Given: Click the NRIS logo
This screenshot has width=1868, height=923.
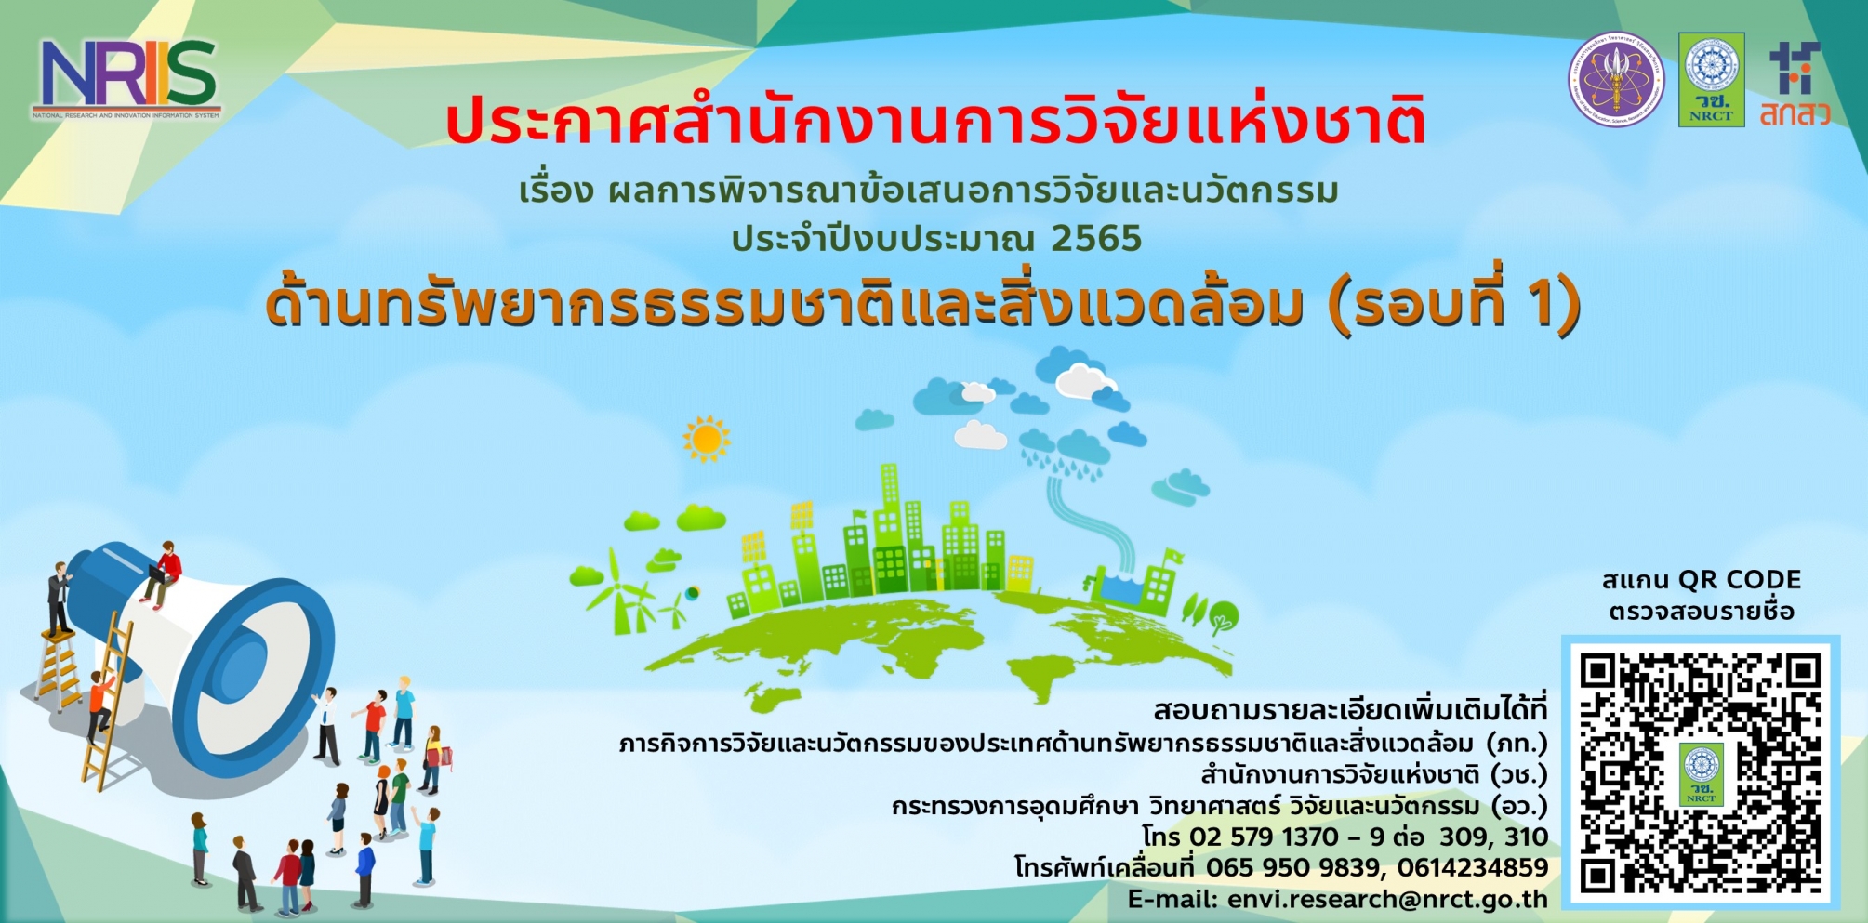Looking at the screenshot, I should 127,77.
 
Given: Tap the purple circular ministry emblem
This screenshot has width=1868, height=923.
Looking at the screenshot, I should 1617,80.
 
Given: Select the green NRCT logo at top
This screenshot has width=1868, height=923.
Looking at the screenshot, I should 1711,80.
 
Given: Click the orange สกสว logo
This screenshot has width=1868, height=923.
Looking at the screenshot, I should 1795,84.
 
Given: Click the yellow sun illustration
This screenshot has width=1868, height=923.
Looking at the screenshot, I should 706,439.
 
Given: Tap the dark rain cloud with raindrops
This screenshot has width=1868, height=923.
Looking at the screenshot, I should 1066,451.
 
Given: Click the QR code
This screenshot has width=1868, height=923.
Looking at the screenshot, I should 1701,771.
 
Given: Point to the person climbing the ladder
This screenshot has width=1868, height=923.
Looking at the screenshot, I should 100,705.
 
